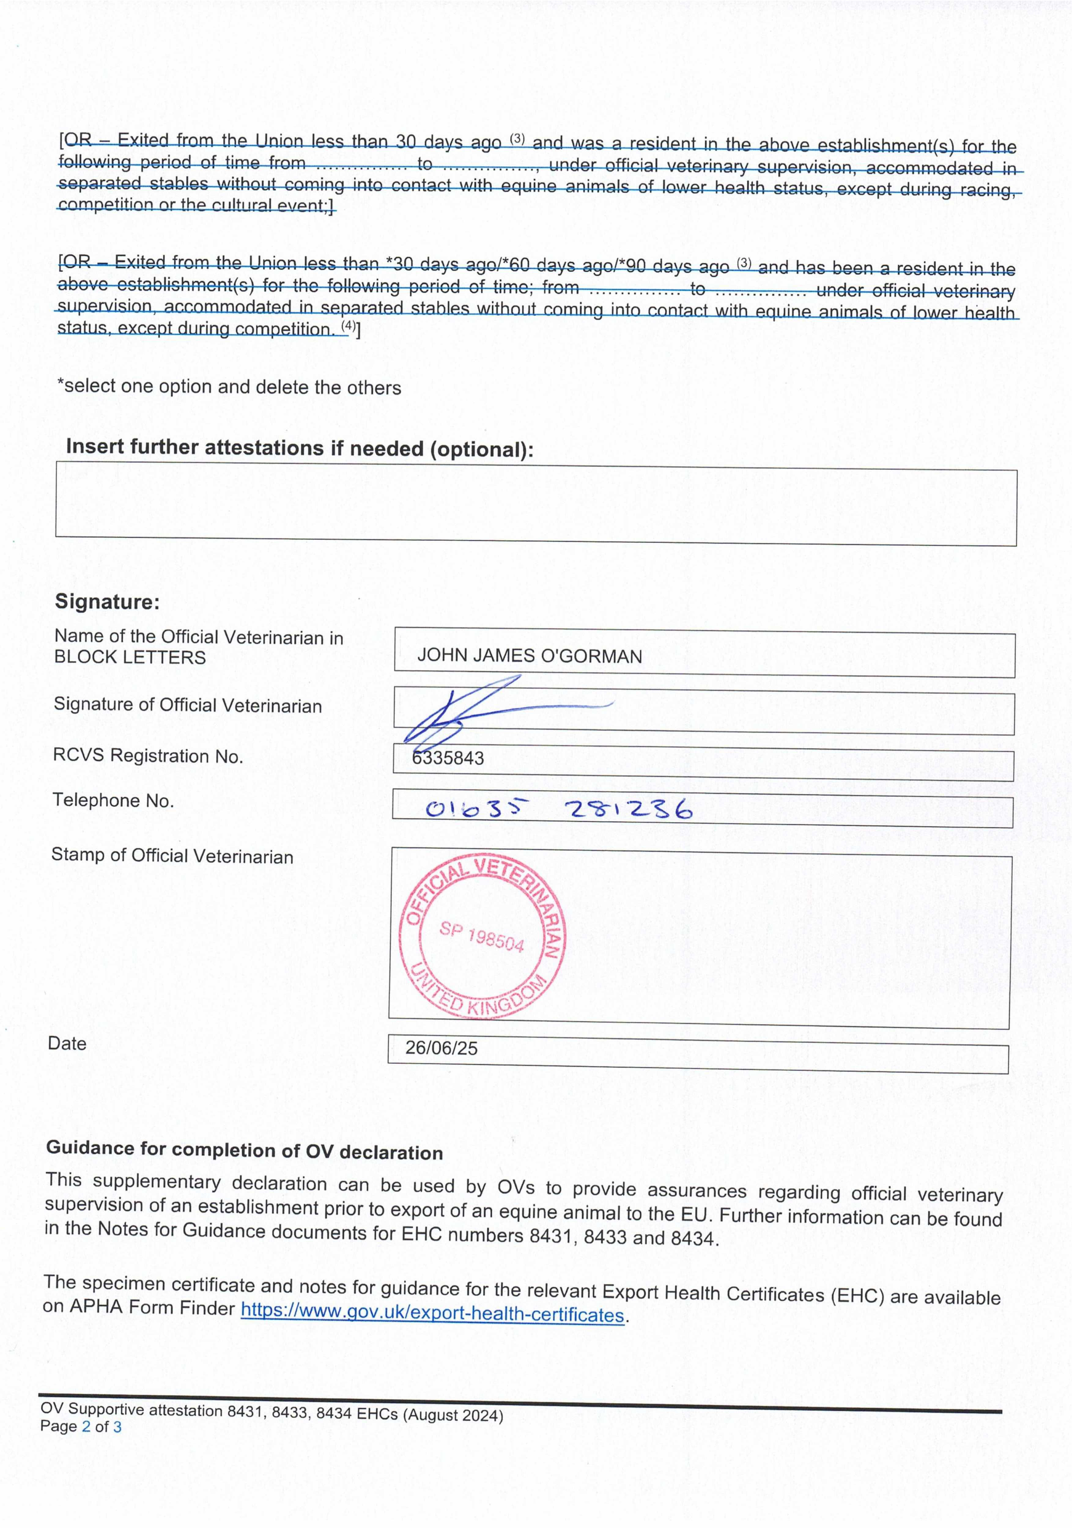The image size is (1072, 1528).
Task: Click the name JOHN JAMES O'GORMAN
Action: pos(529,656)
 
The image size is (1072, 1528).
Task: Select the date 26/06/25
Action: pos(442,1048)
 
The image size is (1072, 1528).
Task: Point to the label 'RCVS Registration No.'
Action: pos(148,756)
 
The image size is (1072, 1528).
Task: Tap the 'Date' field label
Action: pos(67,1044)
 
